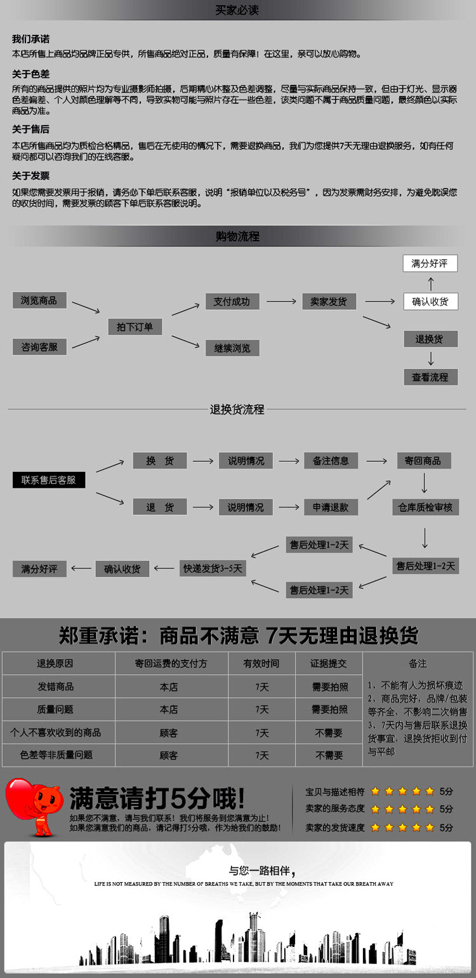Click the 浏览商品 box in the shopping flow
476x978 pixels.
pos(39,300)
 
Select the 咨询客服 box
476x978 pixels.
pos(39,347)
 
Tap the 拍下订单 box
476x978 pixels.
pos(135,327)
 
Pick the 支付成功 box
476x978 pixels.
pos(232,302)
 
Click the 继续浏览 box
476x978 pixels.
pos(232,348)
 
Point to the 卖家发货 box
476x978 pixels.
pos(329,302)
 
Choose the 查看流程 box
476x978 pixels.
pos(430,377)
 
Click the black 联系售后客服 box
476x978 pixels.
pos(49,480)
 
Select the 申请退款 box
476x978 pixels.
pos(331,507)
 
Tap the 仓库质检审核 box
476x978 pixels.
pos(425,507)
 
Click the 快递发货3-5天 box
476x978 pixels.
pos(213,568)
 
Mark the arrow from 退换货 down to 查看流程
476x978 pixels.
pos(430,358)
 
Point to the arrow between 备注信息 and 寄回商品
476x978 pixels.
pos(376,461)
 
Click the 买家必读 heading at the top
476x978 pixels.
pos(237,10)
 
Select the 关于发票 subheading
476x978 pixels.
pos(30,176)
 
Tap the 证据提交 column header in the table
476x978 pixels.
pos(328,664)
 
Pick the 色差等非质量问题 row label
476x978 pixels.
pos(56,755)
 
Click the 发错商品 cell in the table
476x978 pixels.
pos(56,687)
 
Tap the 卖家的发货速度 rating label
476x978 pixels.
pos(335,827)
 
